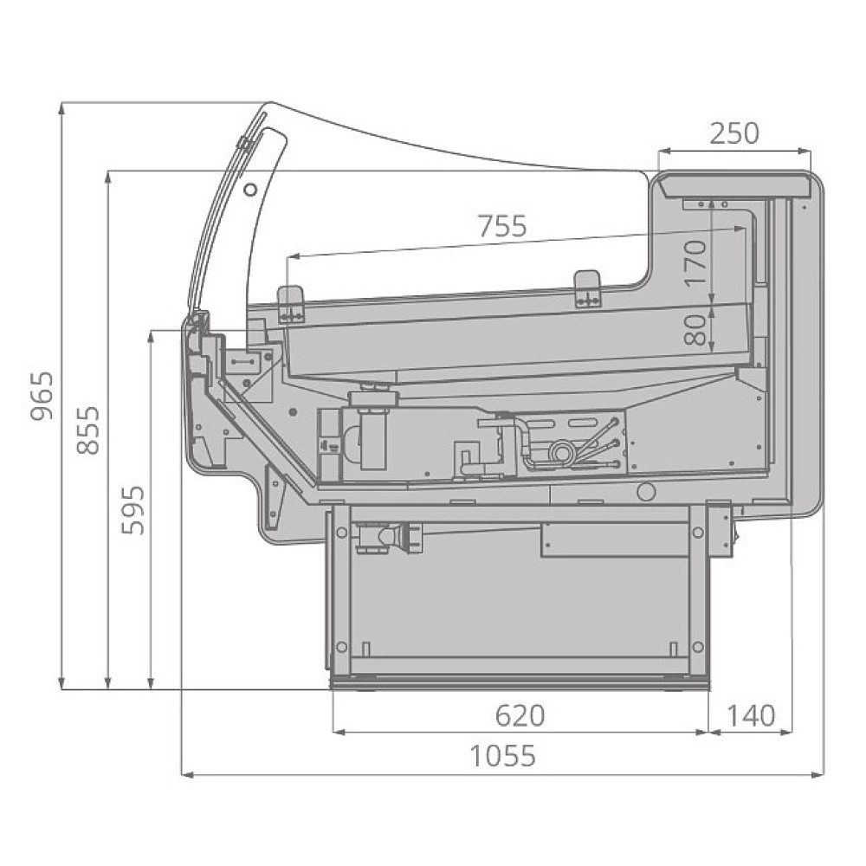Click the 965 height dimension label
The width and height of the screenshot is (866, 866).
pyautogui.click(x=42, y=396)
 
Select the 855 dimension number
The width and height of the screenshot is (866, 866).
pyautogui.click(x=87, y=430)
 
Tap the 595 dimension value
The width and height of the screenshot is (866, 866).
pyautogui.click(x=133, y=510)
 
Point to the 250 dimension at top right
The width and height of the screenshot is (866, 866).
pyautogui.click(x=734, y=133)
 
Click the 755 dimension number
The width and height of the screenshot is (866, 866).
pyautogui.click(x=502, y=226)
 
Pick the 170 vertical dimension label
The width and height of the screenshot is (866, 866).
pyautogui.click(x=696, y=263)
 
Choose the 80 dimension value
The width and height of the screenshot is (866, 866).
pyautogui.click(x=696, y=330)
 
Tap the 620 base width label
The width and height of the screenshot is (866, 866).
pyautogui.click(x=520, y=716)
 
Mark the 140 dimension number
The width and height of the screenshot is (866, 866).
pyautogui.click(x=751, y=716)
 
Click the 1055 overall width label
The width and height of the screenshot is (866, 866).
pyautogui.click(x=502, y=756)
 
